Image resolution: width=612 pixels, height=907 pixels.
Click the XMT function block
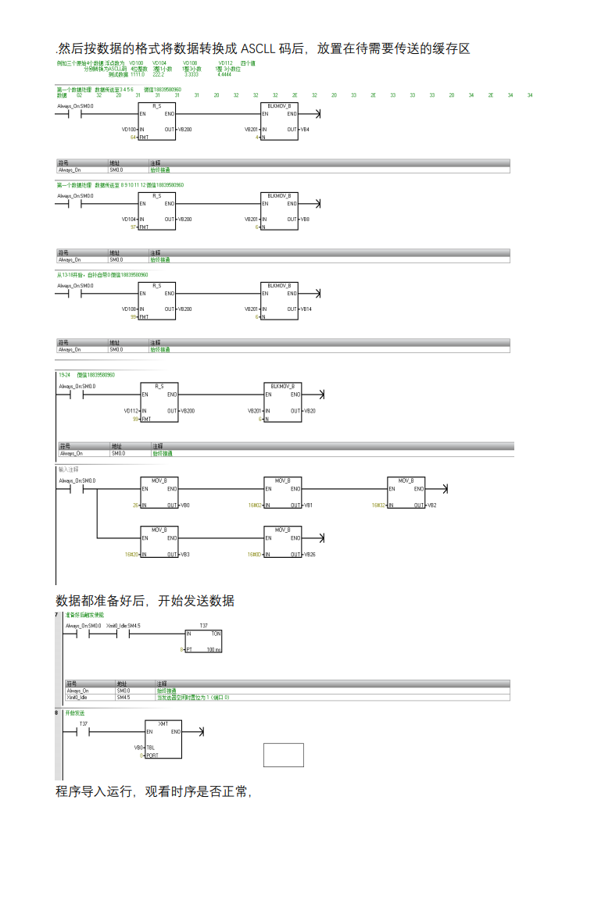pos(163,739)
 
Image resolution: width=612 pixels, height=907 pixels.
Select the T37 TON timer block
pos(203,641)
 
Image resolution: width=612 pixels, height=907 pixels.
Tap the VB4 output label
pos(306,129)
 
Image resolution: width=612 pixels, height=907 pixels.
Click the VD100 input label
pos(129,129)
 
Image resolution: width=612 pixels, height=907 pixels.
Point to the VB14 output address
pos(306,309)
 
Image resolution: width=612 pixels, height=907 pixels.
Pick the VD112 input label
pos(131,411)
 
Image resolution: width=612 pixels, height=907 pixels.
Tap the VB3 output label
pos(184,555)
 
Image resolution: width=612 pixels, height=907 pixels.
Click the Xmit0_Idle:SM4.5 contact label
pos(123,626)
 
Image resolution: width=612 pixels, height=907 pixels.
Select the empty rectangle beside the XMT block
pos(283,755)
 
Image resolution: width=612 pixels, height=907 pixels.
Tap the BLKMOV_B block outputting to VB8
pos(279,210)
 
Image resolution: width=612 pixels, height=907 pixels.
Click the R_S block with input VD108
pos(157,301)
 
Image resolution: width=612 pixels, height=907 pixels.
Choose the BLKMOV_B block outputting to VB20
pos(283,402)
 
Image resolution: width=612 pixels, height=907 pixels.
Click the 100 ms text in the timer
pos(213,650)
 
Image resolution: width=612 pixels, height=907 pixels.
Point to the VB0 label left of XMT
pos(138,748)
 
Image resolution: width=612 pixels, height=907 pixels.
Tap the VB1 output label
pos(308,505)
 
